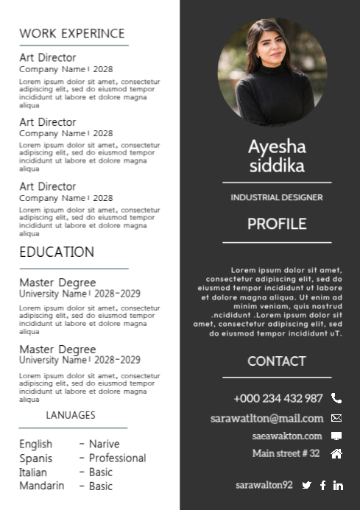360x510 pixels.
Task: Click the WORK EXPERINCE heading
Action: pyautogui.click(x=72, y=33)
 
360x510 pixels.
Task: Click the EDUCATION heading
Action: pyautogui.click(x=57, y=252)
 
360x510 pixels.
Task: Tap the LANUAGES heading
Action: pyautogui.click(x=71, y=415)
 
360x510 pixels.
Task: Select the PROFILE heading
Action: pyautogui.click(x=277, y=224)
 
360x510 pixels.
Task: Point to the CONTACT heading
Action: pyautogui.click(x=277, y=361)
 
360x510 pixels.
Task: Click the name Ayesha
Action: pyautogui.click(x=277, y=146)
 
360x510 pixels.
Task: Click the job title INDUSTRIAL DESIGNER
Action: pyautogui.click(x=277, y=197)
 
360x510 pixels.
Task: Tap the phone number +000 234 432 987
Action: pyautogui.click(x=278, y=398)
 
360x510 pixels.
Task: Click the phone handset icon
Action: pyautogui.click(x=336, y=398)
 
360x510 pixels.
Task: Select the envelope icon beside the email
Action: pyautogui.click(x=336, y=418)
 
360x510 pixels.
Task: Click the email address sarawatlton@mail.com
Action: pyautogui.click(x=267, y=418)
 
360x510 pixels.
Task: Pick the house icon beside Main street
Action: pyautogui.click(x=336, y=453)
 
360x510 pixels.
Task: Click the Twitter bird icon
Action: pyautogui.click(x=307, y=485)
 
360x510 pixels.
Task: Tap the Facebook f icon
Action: pyautogui.click(x=322, y=485)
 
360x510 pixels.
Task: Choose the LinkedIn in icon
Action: pyautogui.click(x=338, y=485)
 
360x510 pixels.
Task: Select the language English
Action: pyautogui.click(x=35, y=444)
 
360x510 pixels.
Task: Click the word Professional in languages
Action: pyautogui.click(x=118, y=458)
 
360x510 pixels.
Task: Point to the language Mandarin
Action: pyautogui.click(x=41, y=486)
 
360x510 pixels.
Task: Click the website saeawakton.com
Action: pyautogui.click(x=287, y=436)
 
